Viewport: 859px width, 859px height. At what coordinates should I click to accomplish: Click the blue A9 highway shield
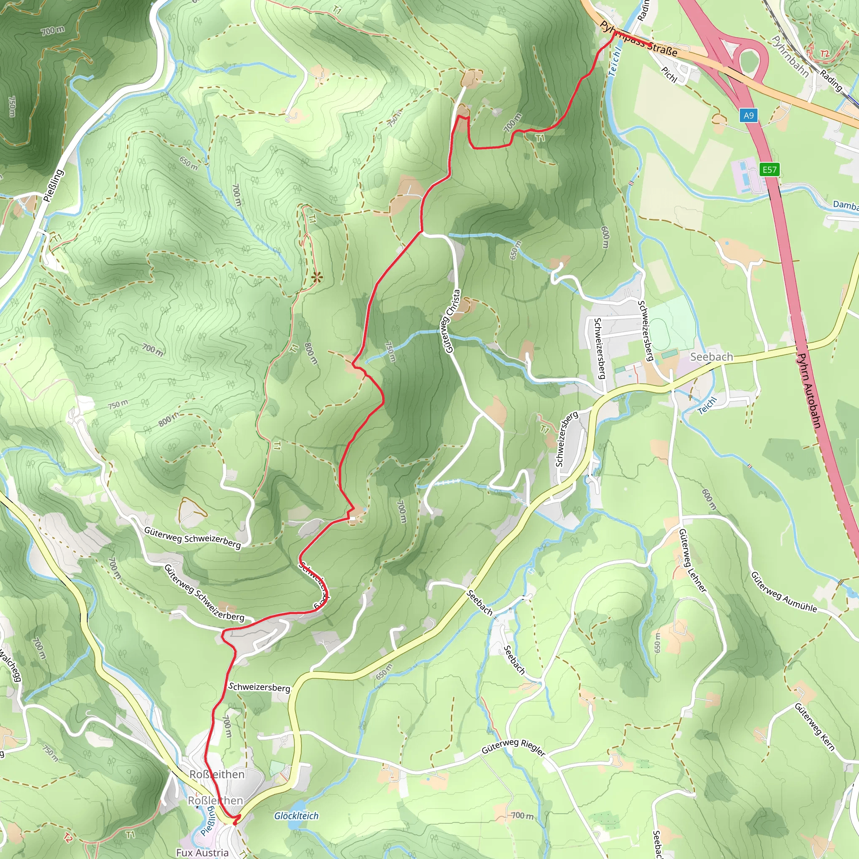[x=749, y=116]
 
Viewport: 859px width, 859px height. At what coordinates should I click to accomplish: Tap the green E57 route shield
[x=770, y=169]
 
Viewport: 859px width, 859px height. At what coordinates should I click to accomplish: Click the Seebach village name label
[x=711, y=357]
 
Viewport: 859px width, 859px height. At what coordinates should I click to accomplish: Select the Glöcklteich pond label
[x=296, y=816]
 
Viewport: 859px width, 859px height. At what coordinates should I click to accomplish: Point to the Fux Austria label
[x=202, y=852]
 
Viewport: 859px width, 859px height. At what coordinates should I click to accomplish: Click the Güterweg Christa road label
[x=450, y=321]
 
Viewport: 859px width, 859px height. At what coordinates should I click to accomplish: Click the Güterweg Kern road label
[x=815, y=727]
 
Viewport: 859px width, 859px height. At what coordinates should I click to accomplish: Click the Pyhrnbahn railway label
[x=790, y=57]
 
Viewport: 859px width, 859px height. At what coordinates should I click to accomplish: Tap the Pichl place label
[x=669, y=75]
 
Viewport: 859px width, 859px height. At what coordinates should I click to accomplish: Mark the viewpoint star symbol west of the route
[x=317, y=278]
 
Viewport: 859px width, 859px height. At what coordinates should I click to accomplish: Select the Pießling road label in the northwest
[x=54, y=185]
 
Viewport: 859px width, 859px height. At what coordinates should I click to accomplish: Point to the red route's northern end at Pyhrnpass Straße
[x=614, y=34]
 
